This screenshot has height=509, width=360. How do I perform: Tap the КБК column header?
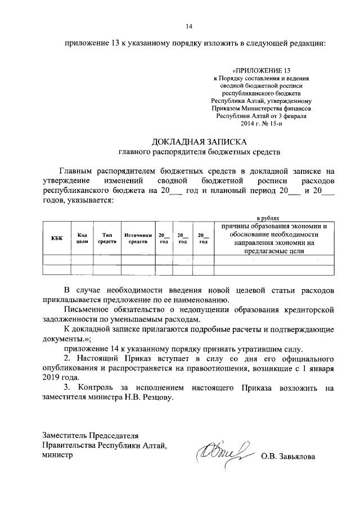pyautogui.click(x=56, y=238)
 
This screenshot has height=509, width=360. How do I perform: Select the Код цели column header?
pyautogui.click(x=82, y=238)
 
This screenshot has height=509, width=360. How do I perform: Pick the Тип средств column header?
pyautogui.click(x=107, y=238)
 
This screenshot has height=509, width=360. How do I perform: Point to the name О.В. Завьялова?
pyautogui.click(x=288, y=456)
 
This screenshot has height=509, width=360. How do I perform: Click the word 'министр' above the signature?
pyautogui.click(x=58, y=456)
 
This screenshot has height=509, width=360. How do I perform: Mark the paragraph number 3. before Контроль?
pyautogui.click(x=67, y=388)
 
